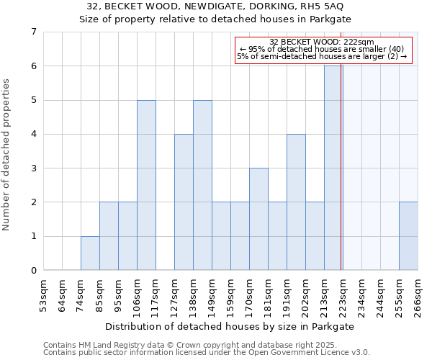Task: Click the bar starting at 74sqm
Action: pos(90,253)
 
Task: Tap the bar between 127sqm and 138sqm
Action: pos(184,202)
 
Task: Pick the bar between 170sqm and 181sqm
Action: pos(258,220)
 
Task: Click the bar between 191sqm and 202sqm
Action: pos(296,202)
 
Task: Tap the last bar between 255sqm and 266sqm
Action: pos(408,236)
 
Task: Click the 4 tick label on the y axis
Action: pos(33,134)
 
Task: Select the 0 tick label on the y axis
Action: pos(33,271)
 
